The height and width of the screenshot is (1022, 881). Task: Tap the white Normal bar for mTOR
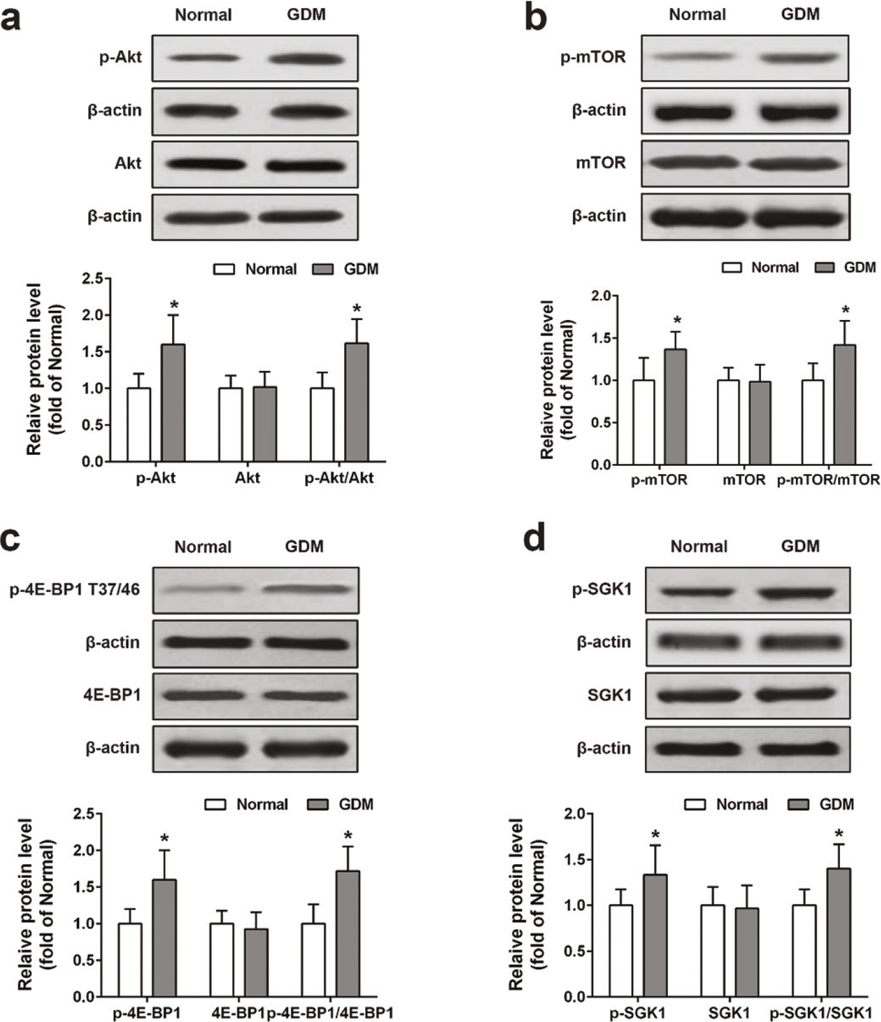click(728, 422)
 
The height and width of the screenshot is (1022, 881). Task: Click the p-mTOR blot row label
click(593, 57)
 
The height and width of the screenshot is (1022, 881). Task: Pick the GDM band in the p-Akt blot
click(306, 59)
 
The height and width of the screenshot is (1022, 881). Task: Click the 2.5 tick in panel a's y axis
click(91, 279)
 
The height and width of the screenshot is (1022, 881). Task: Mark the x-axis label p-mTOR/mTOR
click(828, 480)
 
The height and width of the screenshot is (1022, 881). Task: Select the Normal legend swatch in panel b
click(733, 268)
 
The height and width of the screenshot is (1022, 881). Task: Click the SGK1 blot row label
click(609, 695)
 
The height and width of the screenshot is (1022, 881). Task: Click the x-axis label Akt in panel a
click(247, 478)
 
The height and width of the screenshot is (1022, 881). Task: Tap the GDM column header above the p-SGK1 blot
click(800, 546)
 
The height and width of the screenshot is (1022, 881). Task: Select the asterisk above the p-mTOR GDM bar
click(677, 321)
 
